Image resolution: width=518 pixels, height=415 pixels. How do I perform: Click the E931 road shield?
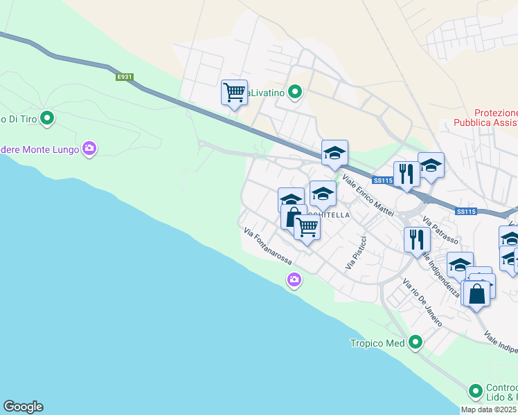(x=125, y=77)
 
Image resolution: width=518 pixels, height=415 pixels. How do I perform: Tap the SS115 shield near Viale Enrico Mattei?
(x=382, y=181)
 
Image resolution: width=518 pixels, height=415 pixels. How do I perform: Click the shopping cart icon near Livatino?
(x=234, y=93)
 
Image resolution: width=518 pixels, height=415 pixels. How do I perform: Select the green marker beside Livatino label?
(x=295, y=92)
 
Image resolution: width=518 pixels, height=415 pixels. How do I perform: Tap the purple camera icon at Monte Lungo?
(x=89, y=149)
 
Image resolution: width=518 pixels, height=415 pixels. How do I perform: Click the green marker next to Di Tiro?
(x=47, y=119)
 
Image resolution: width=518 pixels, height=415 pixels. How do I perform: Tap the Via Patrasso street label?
(x=440, y=232)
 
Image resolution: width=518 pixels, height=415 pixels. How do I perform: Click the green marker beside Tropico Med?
(x=416, y=342)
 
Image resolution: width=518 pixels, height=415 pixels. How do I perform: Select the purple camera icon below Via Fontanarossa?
(x=294, y=279)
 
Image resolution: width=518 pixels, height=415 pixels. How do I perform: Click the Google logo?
(x=23, y=407)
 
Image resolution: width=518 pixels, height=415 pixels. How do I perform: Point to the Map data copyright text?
(x=489, y=409)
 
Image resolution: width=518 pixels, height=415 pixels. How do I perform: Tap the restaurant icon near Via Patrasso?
(x=416, y=239)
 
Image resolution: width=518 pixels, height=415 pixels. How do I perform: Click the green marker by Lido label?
(x=476, y=391)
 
